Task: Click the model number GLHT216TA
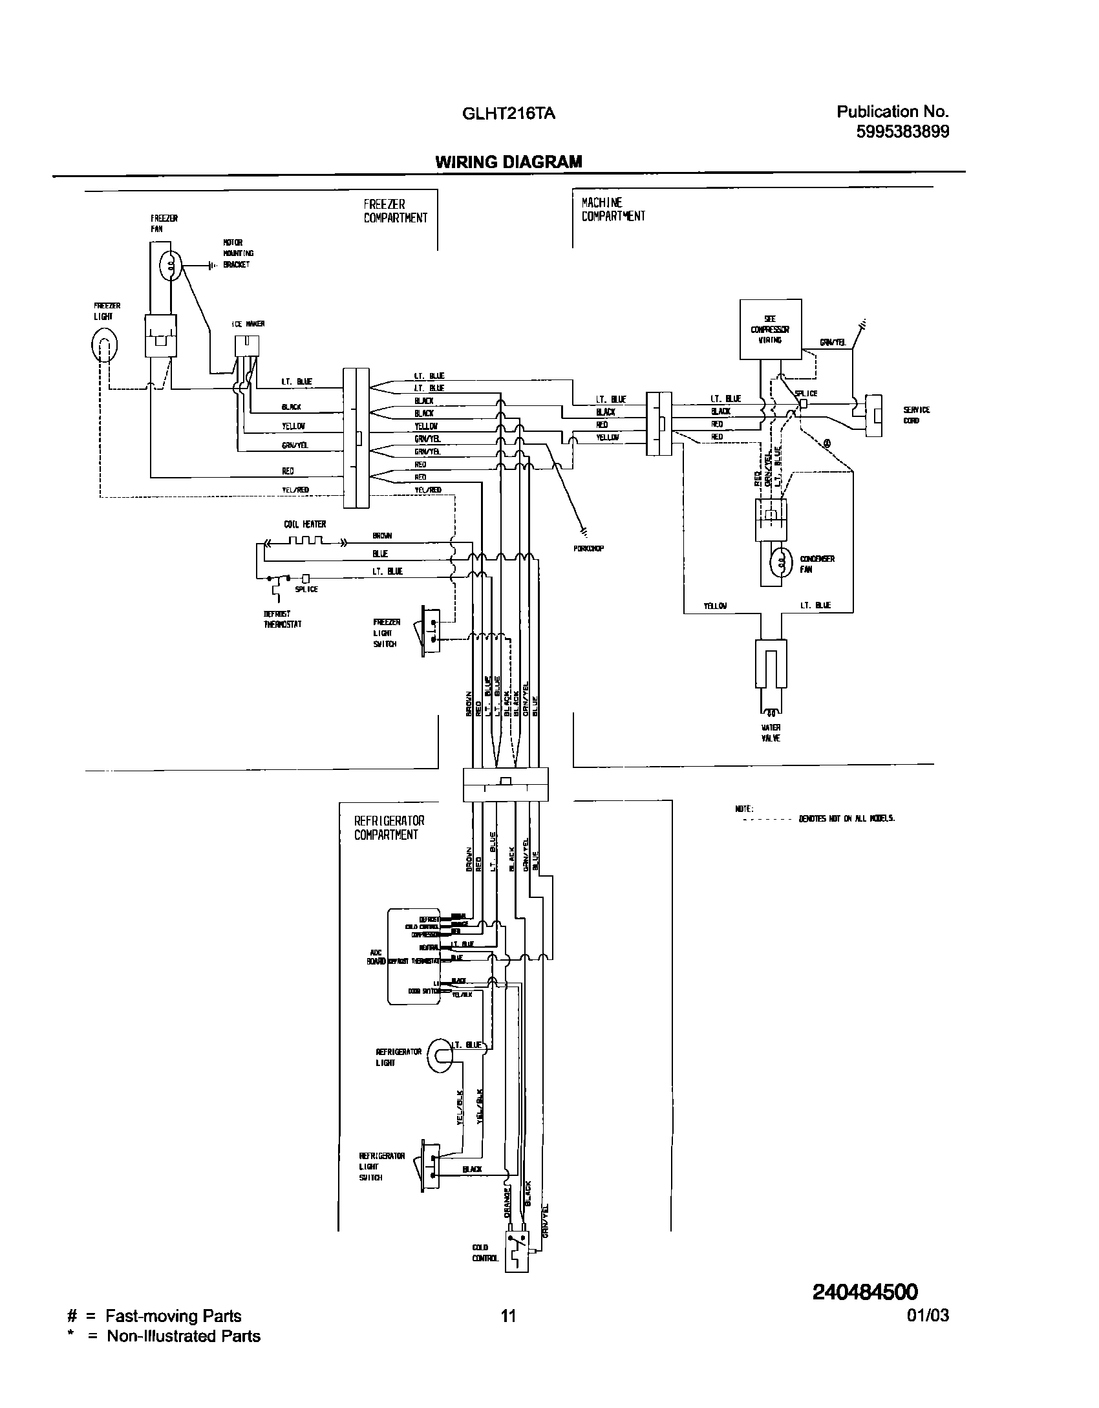(508, 114)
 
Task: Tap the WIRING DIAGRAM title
(508, 162)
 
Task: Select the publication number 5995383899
(902, 132)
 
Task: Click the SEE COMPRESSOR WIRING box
(770, 328)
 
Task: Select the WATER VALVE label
(771, 732)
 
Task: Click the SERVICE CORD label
(916, 415)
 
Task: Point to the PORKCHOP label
(588, 549)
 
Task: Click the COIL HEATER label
(304, 524)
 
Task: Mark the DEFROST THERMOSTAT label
(283, 619)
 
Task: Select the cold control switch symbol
(517, 1261)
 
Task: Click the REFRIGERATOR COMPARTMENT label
(389, 827)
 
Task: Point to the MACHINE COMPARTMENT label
(612, 209)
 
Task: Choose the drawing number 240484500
(864, 1292)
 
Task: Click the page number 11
(508, 1315)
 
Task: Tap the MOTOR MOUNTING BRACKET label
(237, 253)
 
